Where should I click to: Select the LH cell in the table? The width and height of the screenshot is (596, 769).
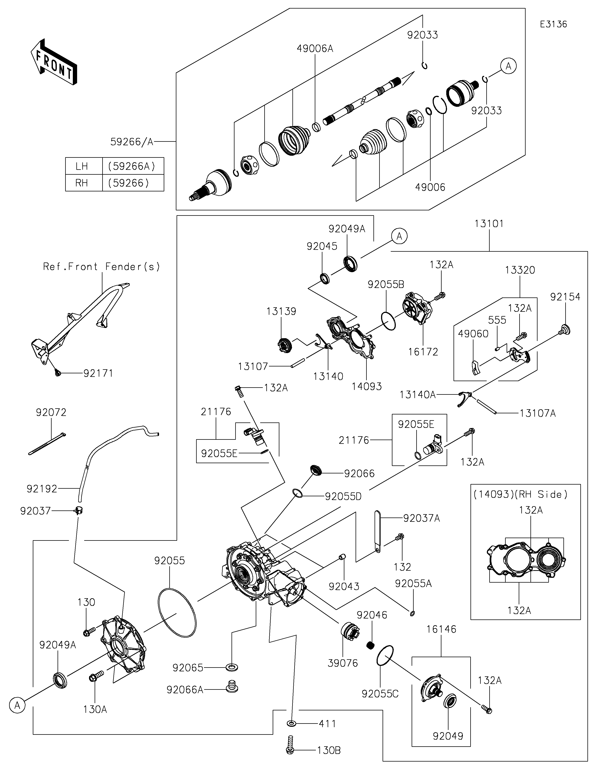coord(82,166)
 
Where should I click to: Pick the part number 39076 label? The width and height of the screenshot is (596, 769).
coord(343,663)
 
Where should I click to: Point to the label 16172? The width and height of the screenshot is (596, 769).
coord(423,352)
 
